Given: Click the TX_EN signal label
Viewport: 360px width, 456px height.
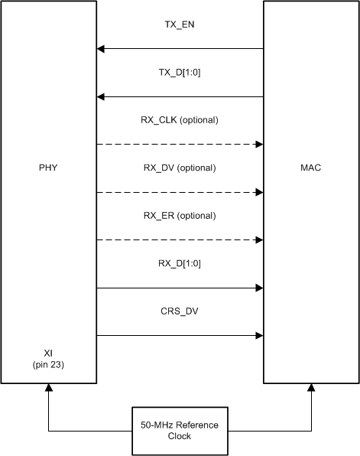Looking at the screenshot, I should coord(180,24).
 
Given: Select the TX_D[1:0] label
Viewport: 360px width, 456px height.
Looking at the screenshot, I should coord(180,72).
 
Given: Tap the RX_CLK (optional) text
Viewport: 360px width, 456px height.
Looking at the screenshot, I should coord(180,119).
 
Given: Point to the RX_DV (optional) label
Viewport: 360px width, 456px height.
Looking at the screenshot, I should coord(180,168).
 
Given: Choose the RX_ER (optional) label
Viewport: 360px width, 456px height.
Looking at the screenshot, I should coord(180,215).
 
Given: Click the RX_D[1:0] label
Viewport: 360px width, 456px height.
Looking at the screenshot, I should coord(180,263).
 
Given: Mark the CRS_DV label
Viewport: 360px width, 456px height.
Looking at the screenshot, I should coord(180,311).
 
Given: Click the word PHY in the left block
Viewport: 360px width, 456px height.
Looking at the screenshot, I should coord(49,168).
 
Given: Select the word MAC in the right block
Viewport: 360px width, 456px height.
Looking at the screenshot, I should coord(310,168).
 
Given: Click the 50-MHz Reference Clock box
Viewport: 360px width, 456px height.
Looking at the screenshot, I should coord(180,430).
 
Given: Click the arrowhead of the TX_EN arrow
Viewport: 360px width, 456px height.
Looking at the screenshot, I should coord(101,49).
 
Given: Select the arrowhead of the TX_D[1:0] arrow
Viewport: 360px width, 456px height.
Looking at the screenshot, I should coord(101,97).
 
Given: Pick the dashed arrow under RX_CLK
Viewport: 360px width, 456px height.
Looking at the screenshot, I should coord(180,145).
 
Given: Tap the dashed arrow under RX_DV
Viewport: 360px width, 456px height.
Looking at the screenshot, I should coord(180,192).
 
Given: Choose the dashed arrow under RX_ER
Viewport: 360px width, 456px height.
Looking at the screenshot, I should coord(180,240).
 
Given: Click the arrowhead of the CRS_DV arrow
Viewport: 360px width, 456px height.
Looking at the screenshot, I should coord(259,336).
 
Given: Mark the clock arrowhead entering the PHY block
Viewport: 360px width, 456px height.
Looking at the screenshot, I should coord(49,388).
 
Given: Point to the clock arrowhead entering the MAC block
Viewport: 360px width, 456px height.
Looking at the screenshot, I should coord(311,388).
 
